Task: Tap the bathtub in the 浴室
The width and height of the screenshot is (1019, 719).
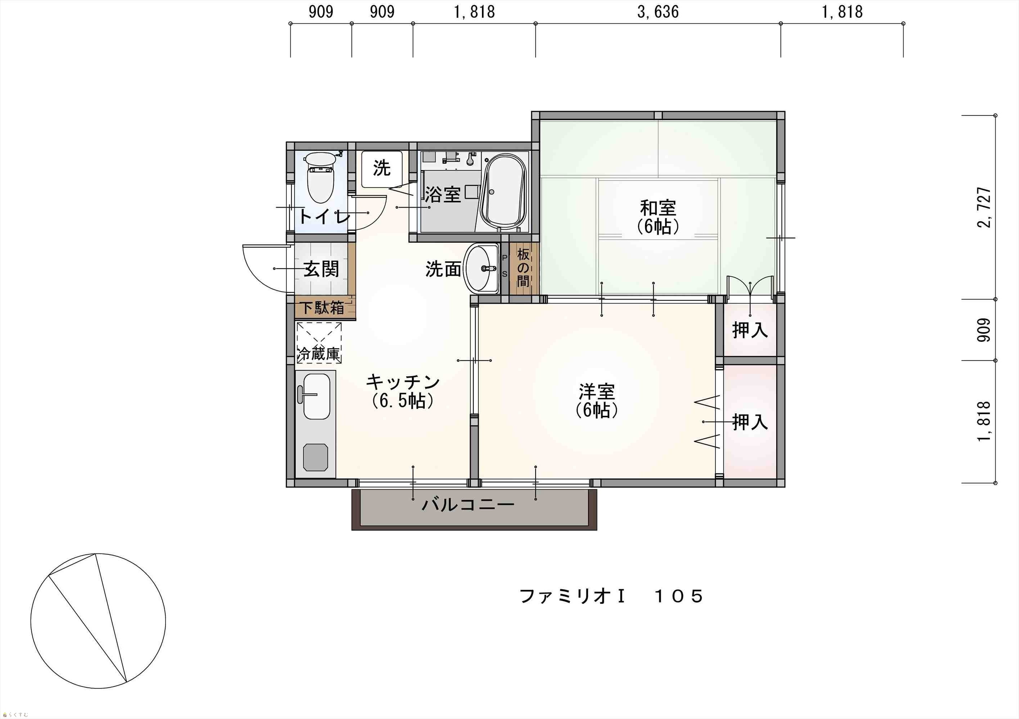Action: click(505, 192)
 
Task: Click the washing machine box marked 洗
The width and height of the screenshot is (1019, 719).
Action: click(382, 169)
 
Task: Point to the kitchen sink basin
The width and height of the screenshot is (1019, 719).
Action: click(316, 396)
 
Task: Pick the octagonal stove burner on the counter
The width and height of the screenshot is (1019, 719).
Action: click(315, 457)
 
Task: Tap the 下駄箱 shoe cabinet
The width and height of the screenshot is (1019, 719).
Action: click(325, 307)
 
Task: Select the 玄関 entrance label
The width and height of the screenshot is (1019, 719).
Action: click(321, 269)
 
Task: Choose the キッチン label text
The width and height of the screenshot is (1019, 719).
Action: click(402, 381)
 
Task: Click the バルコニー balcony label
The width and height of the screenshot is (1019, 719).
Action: click(468, 504)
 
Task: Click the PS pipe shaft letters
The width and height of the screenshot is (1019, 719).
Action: click(505, 266)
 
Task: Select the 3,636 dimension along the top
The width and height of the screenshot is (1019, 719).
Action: click(658, 12)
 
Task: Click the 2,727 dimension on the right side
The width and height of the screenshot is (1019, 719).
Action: click(984, 207)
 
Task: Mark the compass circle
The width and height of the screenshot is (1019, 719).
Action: click(98, 621)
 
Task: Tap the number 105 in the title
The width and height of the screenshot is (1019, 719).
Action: click(679, 596)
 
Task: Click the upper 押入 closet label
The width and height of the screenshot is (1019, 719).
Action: click(750, 330)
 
